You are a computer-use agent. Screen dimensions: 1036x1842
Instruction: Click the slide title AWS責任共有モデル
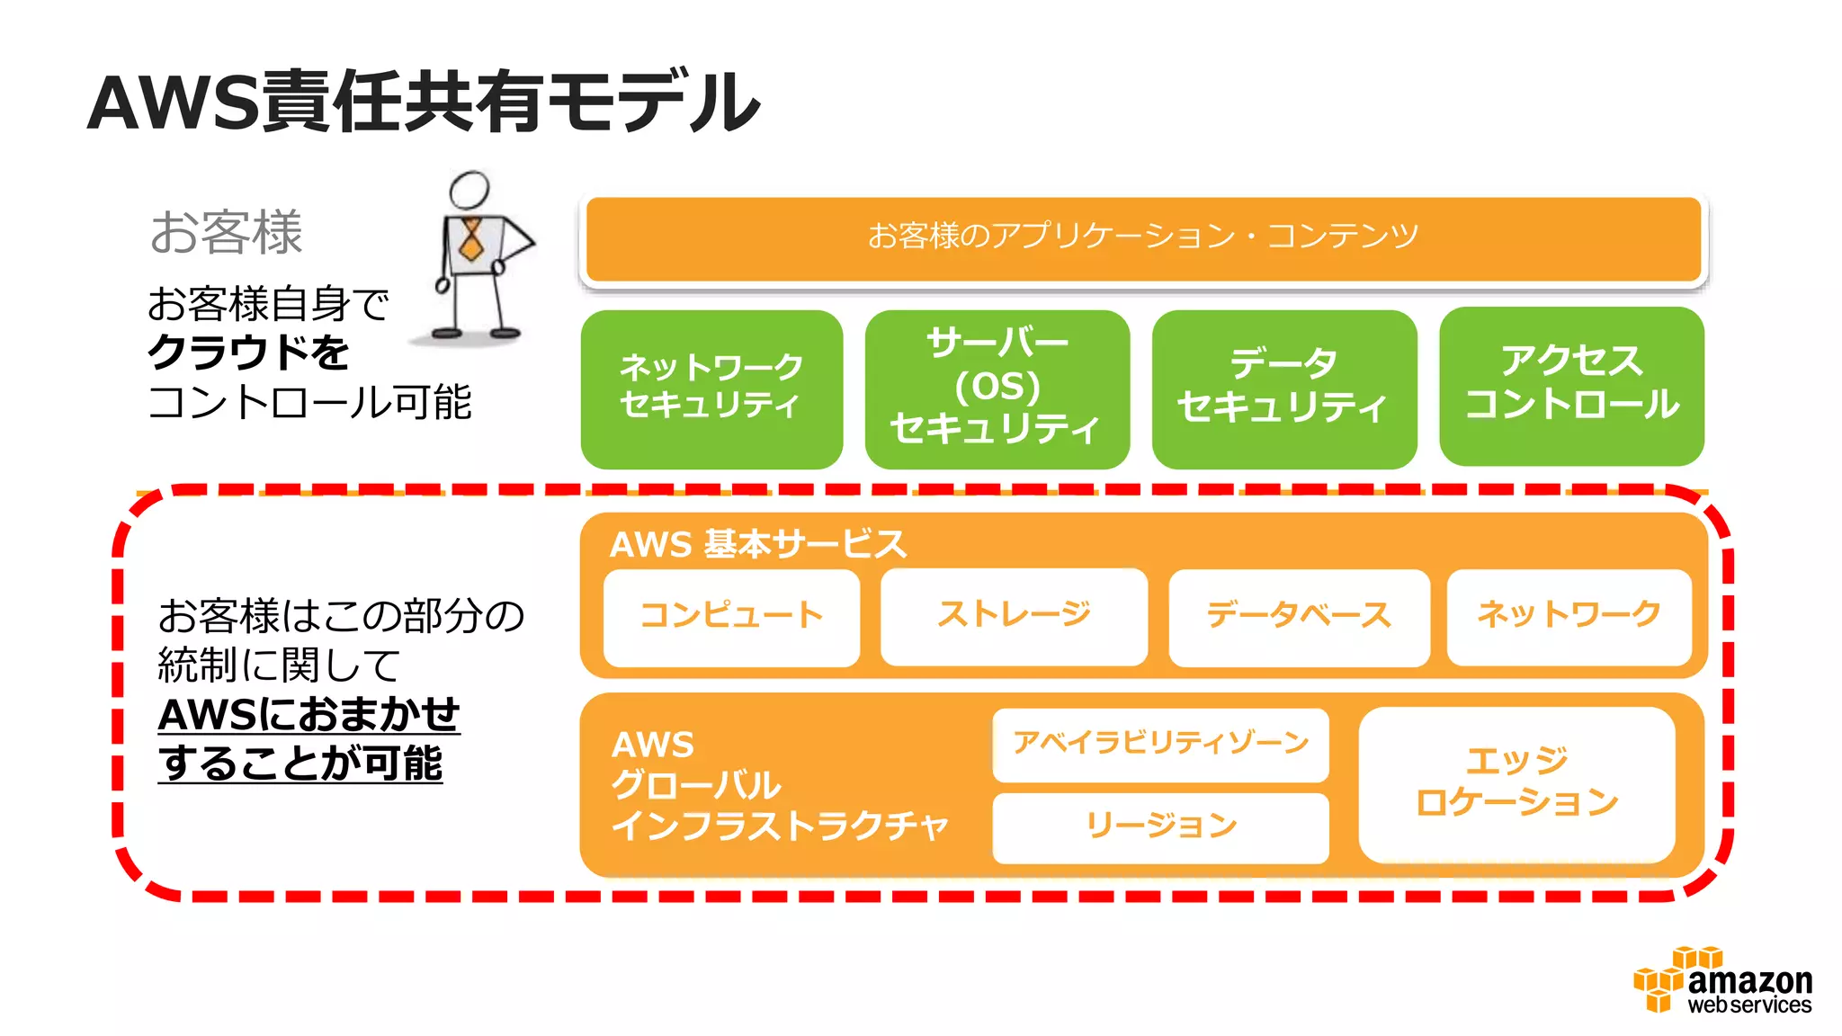click(x=423, y=102)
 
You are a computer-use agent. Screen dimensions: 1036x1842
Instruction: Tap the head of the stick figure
click(x=469, y=189)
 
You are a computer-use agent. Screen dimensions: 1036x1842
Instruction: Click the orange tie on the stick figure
click(x=470, y=238)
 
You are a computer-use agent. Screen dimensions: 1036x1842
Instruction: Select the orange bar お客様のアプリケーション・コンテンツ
click(x=1142, y=237)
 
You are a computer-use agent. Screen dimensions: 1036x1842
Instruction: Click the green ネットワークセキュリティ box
click(x=711, y=388)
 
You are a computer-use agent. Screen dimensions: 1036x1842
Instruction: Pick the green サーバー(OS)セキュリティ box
click(x=997, y=388)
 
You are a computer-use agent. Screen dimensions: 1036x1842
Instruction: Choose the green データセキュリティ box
click(x=1283, y=388)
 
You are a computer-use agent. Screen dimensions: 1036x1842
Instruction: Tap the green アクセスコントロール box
click(x=1571, y=386)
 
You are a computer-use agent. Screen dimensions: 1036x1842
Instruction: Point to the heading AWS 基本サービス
click(x=757, y=544)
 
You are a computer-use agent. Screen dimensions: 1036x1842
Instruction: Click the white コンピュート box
click(x=731, y=617)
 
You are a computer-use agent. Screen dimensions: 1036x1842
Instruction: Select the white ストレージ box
click(x=1014, y=616)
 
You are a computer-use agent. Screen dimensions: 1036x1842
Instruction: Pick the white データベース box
click(x=1299, y=617)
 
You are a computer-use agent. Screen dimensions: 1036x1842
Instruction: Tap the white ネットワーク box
click(x=1569, y=616)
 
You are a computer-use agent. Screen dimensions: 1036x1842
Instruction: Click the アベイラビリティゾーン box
click(x=1160, y=744)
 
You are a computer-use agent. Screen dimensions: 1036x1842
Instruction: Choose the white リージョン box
click(x=1160, y=826)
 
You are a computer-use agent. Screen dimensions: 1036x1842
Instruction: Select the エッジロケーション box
click(x=1516, y=783)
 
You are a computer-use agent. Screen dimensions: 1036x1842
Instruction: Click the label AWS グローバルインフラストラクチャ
click(x=779, y=785)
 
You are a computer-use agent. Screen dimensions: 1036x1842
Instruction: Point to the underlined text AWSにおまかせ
click(x=308, y=715)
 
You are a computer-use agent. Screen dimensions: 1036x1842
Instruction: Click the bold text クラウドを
click(x=248, y=353)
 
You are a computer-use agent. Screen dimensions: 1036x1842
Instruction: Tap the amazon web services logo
click(x=1722, y=982)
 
